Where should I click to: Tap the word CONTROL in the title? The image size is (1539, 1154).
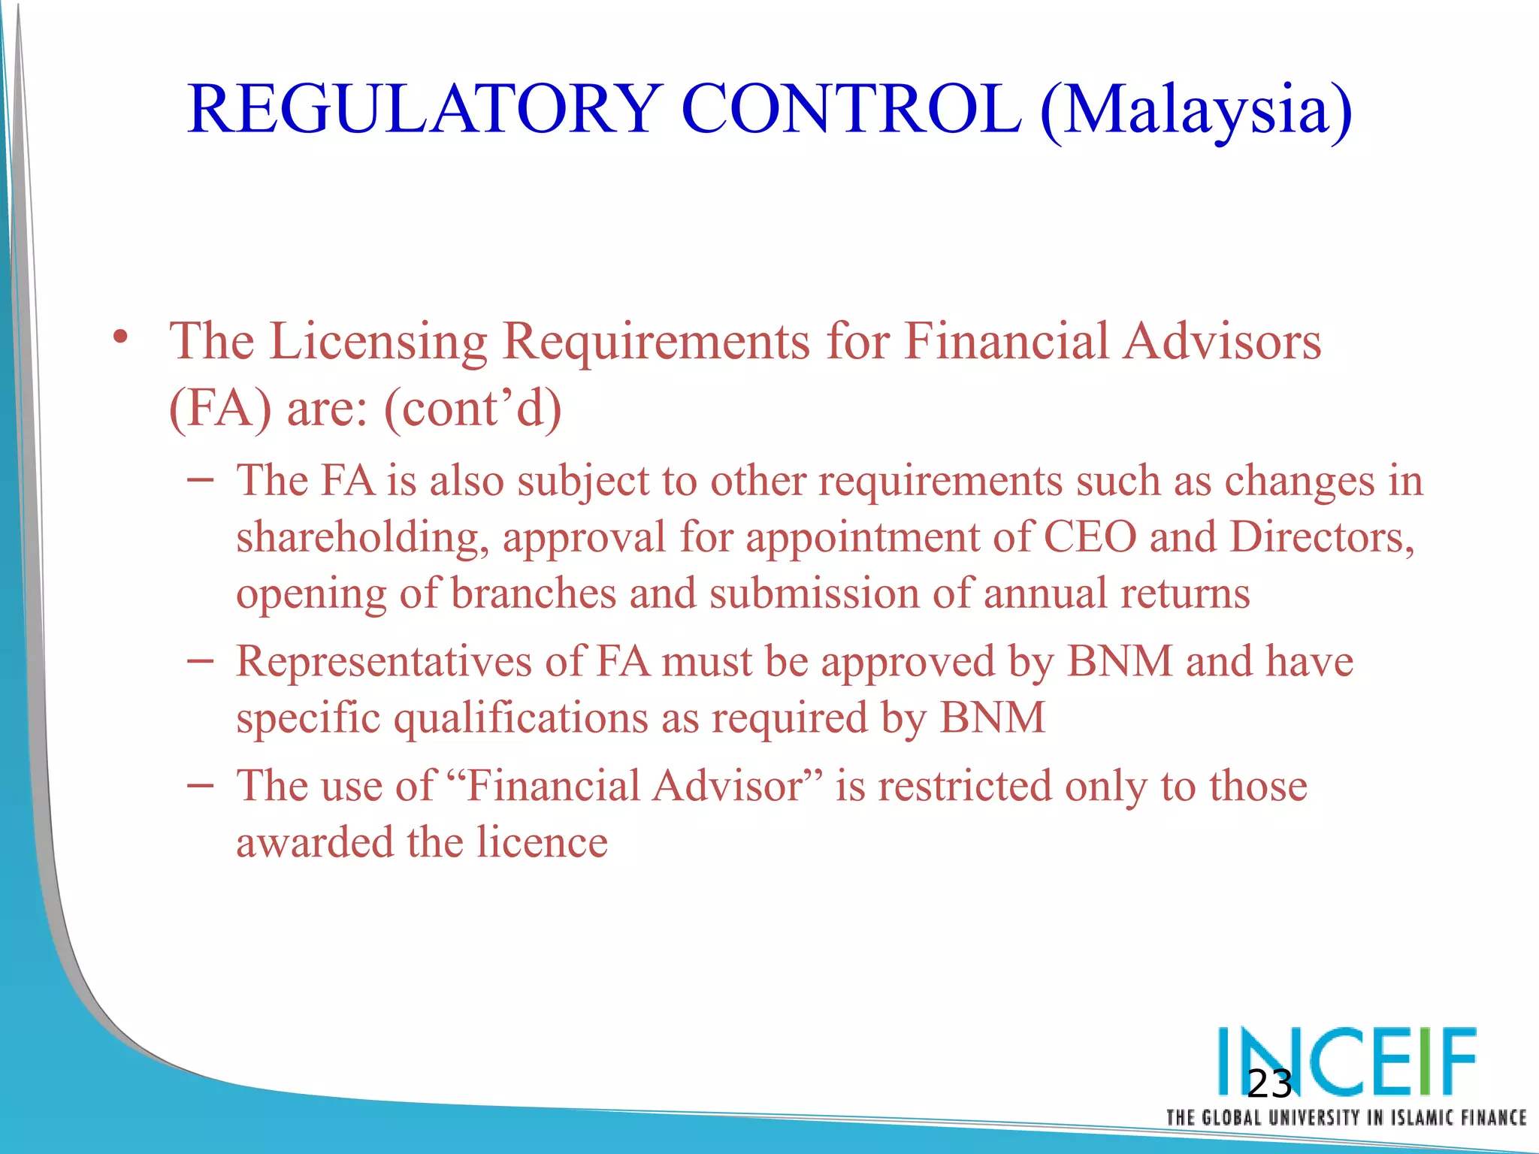851,110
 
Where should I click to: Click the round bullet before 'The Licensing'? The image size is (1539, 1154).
120,337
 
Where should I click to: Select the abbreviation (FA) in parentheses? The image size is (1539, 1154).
220,409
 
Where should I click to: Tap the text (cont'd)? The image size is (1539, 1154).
473,409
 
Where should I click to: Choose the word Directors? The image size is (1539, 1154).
1322,539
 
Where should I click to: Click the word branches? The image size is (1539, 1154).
534,594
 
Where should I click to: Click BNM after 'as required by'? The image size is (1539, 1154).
992,717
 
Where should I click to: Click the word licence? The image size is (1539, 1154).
542,842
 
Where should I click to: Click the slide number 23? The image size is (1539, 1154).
1269,1084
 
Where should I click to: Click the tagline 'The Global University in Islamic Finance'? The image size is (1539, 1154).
1346,1118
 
